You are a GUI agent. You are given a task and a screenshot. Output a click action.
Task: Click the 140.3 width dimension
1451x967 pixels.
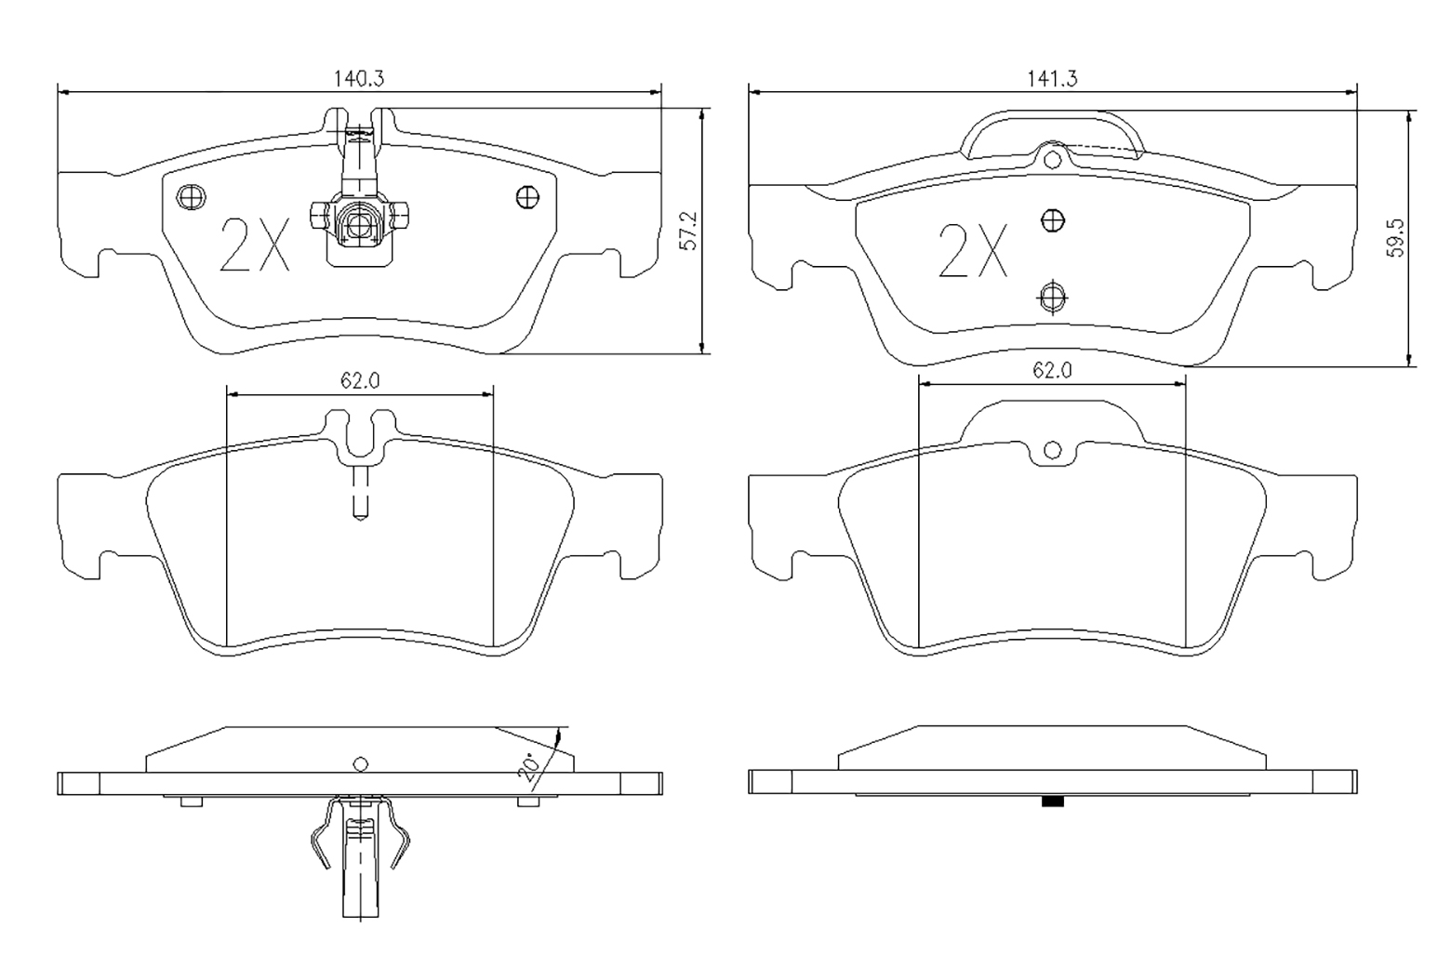click(359, 78)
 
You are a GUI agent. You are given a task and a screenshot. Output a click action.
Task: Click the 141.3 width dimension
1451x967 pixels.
click(1052, 78)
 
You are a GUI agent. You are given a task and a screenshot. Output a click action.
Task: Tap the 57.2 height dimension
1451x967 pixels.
click(688, 230)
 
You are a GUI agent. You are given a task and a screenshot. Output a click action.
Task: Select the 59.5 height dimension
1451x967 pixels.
click(1396, 238)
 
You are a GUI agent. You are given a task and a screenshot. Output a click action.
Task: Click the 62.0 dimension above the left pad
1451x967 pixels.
click(360, 381)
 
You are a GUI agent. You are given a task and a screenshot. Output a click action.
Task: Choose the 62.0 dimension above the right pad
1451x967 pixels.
click(1052, 370)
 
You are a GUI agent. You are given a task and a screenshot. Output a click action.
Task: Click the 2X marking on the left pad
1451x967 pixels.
click(255, 245)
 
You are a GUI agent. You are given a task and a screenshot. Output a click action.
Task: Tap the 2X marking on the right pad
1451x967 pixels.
click(973, 251)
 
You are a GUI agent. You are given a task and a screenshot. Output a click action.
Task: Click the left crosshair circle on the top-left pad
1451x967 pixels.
click(191, 196)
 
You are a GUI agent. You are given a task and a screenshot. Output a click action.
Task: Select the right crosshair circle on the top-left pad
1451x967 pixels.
click(528, 196)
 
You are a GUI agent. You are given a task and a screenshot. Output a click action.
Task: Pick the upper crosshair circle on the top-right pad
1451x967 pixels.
click(1053, 221)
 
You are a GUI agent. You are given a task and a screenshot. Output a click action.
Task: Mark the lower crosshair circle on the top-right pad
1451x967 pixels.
click(1053, 298)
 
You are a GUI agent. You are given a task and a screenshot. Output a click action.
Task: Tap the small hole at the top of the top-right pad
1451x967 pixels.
click(1053, 159)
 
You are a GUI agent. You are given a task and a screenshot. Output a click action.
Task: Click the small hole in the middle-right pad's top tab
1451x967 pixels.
click(1053, 450)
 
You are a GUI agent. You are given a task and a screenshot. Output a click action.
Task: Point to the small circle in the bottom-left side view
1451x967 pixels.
click(361, 764)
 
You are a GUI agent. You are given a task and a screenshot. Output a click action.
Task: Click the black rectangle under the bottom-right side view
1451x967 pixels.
click(1053, 801)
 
